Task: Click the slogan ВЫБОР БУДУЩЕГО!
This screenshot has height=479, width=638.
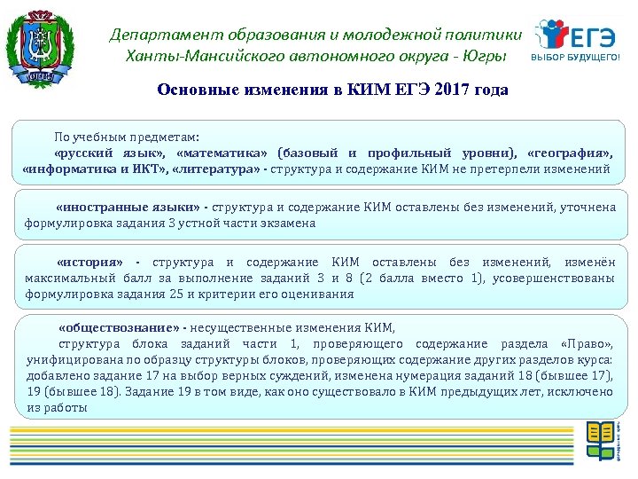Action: coord(575,59)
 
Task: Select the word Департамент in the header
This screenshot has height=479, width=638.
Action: coord(157,35)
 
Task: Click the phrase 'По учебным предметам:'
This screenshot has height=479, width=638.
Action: coord(127,137)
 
